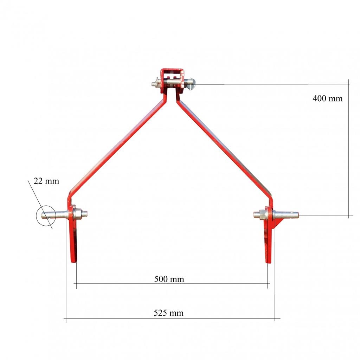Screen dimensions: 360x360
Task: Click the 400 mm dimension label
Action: (x=327, y=98)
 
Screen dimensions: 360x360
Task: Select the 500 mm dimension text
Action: (x=169, y=279)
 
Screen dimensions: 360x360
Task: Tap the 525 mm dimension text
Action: (x=168, y=313)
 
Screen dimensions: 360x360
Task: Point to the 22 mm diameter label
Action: (x=46, y=181)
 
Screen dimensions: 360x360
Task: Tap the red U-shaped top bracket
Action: (x=172, y=70)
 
